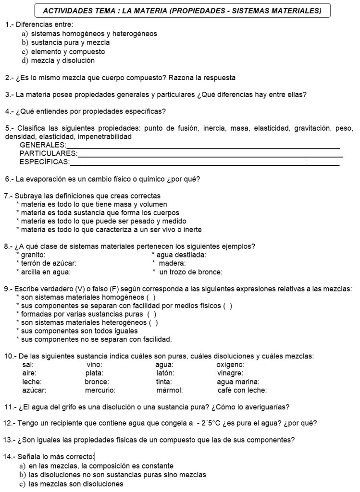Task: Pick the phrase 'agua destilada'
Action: coord(181,255)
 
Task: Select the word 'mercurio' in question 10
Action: coord(100,390)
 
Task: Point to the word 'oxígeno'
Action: coord(230,364)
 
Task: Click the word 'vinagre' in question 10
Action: coord(230,373)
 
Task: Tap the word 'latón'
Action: coord(165,373)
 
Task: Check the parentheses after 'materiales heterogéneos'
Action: coord(153,322)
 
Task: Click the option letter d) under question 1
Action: coord(25,61)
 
